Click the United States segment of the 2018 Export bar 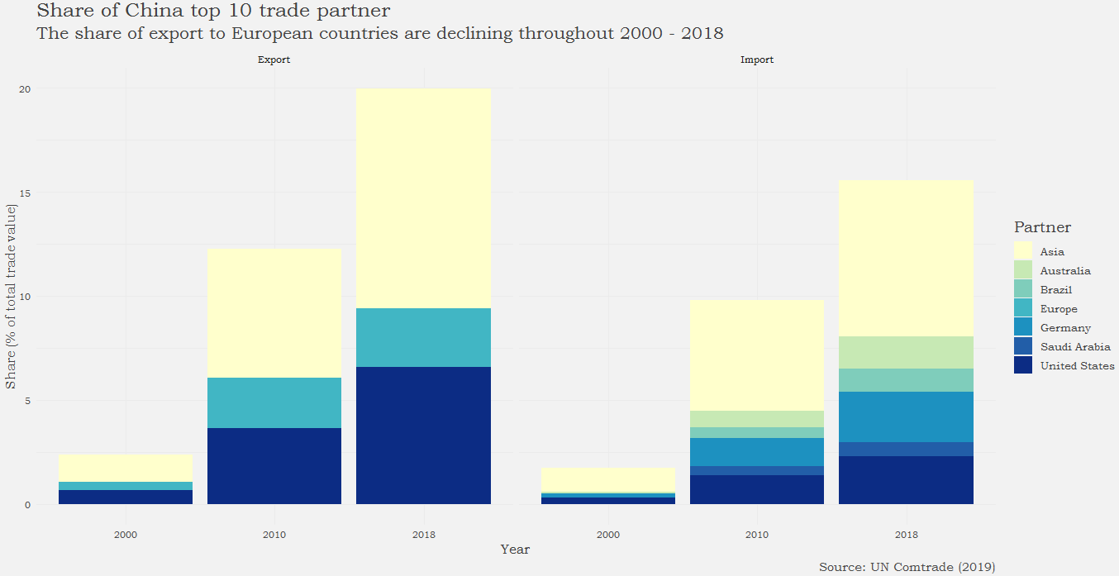tap(423, 436)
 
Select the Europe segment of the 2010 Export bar tap(274, 402)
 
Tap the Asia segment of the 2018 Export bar tap(423, 198)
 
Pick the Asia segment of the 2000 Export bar tap(126, 468)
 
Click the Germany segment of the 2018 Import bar tap(906, 417)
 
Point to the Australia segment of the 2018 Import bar tap(906, 352)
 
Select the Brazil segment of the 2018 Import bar tap(906, 380)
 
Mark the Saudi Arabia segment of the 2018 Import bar tap(906, 449)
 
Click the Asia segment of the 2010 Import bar tap(757, 355)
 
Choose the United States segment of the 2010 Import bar tap(757, 489)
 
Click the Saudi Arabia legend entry tap(1074, 347)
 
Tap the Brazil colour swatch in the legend tap(1023, 290)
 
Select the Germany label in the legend tap(1065, 328)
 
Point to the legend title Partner tap(1042, 227)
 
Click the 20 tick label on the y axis tap(25, 89)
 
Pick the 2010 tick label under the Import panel tap(757, 535)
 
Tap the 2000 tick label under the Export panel tap(126, 535)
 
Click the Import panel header tap(757, 60)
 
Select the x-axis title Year tap(515, 550)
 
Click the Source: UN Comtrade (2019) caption tap(907, 567)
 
